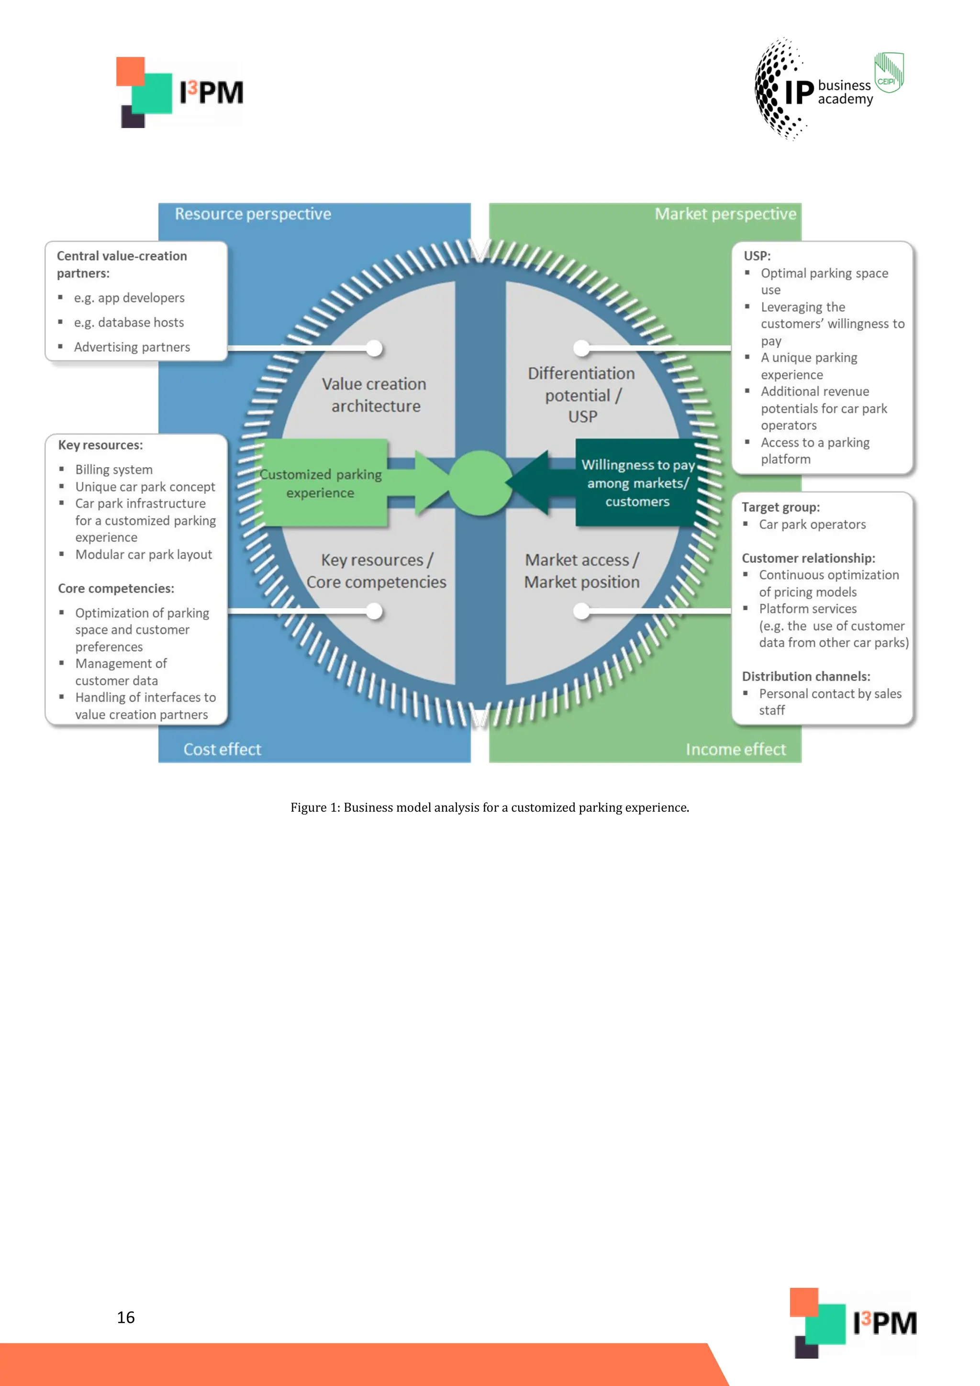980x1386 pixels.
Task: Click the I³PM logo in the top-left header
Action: click(180, 92)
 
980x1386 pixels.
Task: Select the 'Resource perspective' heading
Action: click(253, 214)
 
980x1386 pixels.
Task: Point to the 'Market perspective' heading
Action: click(725, 214)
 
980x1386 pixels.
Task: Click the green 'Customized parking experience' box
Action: click(321, 483)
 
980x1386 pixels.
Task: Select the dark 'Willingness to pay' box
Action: click(637, 483)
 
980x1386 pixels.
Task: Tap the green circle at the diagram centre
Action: click(480, 483)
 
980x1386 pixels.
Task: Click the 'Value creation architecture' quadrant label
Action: click(375, 395)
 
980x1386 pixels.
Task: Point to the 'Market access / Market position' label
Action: click(582, 571)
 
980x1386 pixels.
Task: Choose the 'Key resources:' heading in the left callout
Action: click(100, 446)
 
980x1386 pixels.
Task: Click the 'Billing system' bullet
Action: click(113, 469)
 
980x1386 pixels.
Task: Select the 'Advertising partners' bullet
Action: click(132, 347)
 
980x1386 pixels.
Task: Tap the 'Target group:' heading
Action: click(780, 507)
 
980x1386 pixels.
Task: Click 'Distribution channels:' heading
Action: click(806, 676)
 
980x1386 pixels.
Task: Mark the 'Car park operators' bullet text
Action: click(812, 525)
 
